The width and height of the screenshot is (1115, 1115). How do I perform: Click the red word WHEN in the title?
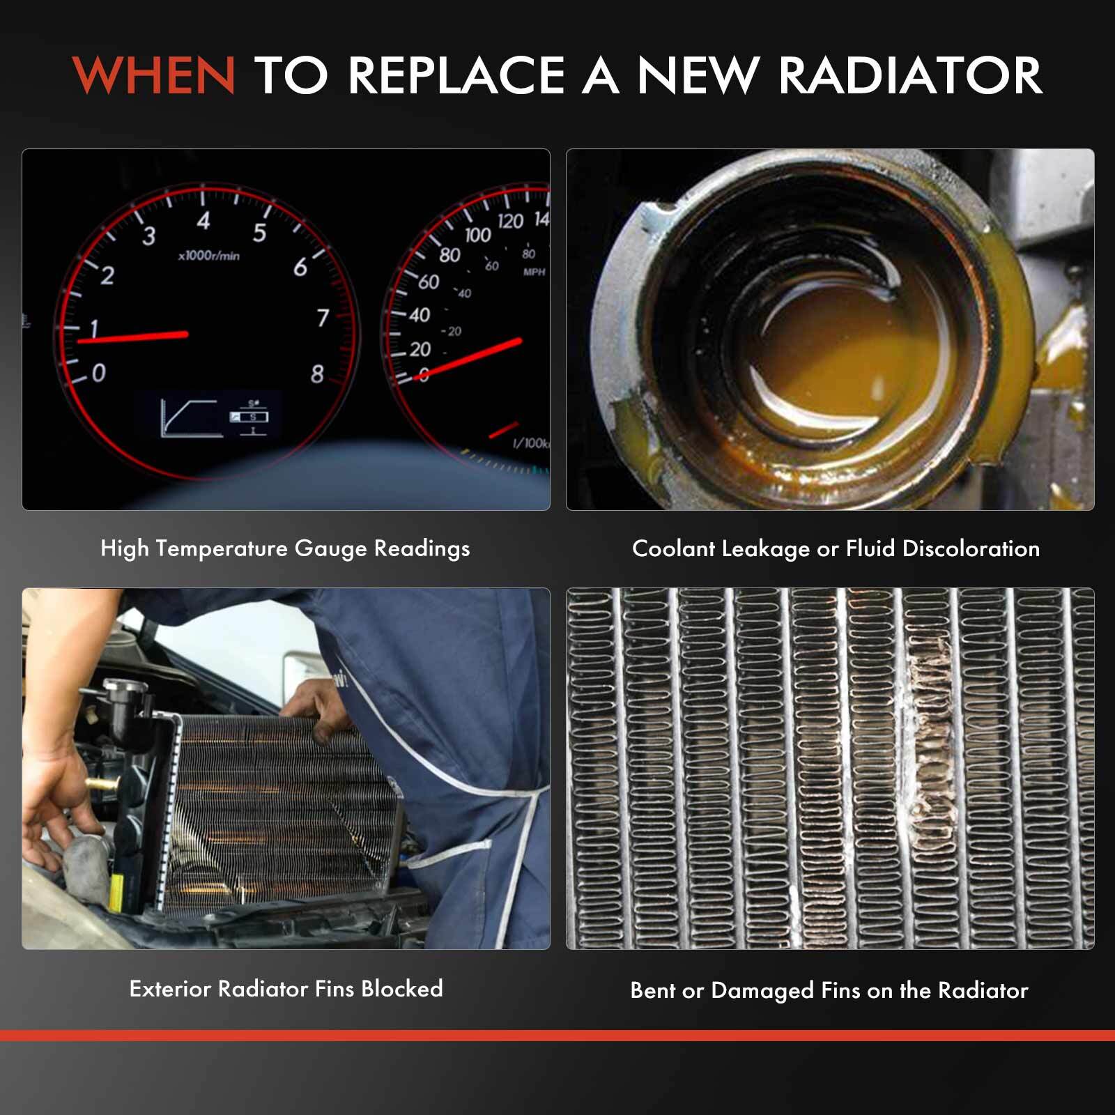[154, 75]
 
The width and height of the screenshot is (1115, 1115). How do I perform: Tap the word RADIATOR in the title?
[909, 75]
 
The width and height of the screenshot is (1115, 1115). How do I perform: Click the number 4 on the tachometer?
[203, 222]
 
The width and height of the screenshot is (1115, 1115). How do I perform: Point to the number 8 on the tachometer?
[317, 374]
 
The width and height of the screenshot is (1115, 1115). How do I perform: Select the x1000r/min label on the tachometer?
[208, 256]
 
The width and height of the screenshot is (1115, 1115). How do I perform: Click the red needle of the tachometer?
[132, 337]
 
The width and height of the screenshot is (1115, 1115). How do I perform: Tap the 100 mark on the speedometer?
[477, 235]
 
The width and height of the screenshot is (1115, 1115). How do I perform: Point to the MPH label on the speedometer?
[534, 272]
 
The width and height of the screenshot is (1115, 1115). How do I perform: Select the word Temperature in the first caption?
[221, 548]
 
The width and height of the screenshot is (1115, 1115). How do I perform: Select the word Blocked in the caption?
[401, 988]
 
